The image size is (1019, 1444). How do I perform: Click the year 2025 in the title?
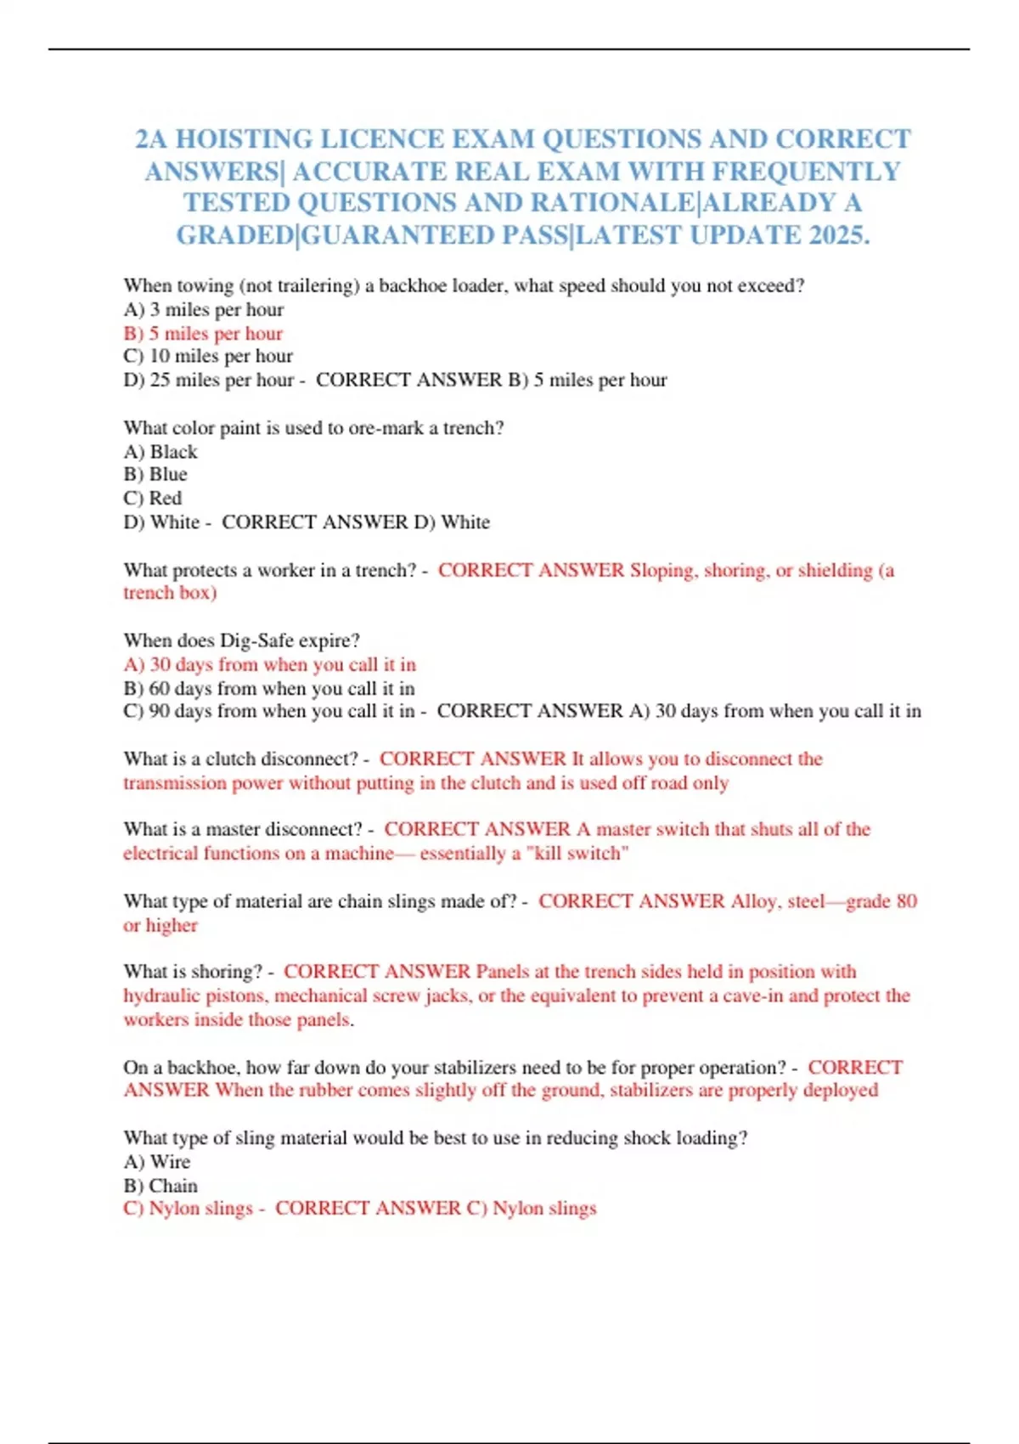tap(837, 234)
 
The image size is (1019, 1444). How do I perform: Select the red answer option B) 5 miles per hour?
tap(203, 333)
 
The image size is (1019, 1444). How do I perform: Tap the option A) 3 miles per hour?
tap(204, 309)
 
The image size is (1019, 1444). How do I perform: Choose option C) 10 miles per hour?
tap(208, 356)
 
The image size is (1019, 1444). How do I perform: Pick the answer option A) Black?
tap(160, 452)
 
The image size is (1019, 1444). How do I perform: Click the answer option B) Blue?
tap(155, 475)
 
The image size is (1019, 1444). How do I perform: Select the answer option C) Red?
tap(153, 499)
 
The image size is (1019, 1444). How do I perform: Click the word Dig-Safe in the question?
tap(256, 640)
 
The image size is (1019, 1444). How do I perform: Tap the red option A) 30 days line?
tap(270, 664)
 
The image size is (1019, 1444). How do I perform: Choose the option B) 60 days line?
tap(269, 688)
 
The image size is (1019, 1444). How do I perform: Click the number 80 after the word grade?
tap(906, 901)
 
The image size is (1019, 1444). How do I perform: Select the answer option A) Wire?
tap(157, 1161)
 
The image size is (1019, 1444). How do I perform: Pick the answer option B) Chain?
tap(160, 1185)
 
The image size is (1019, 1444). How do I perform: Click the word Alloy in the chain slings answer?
tap(753, 901)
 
